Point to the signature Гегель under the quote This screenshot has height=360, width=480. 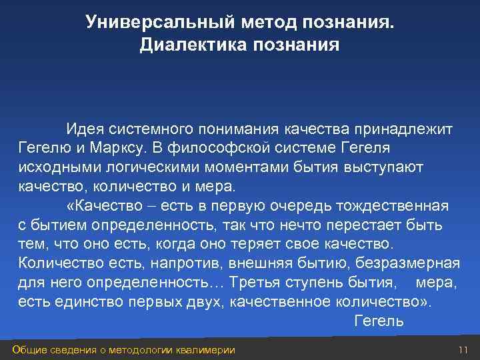(379, 321)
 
